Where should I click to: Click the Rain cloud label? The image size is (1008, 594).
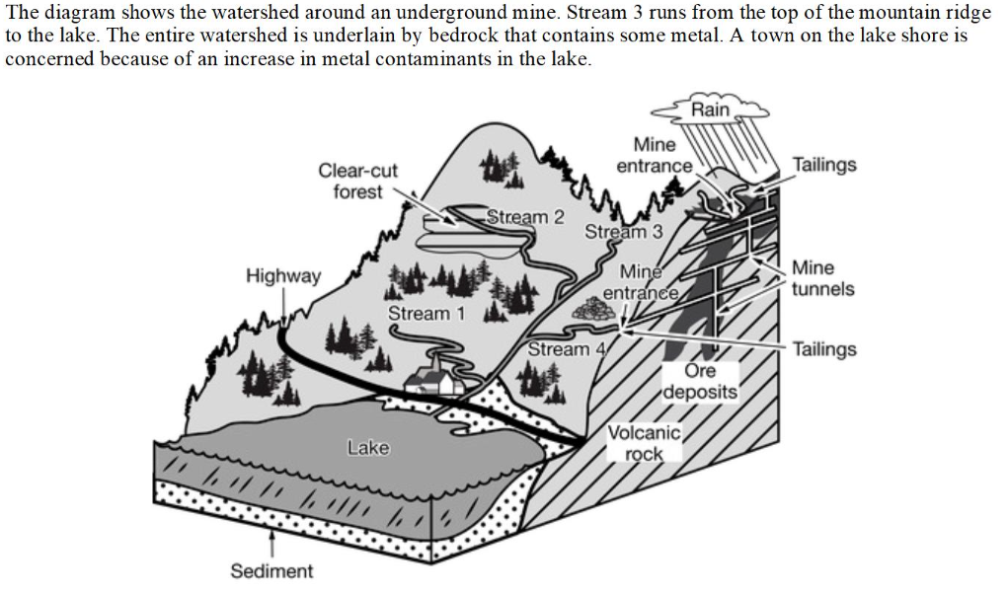711,110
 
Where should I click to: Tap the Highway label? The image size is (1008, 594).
283,276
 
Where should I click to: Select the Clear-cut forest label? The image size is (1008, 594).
357,182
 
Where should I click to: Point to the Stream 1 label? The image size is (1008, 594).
426,314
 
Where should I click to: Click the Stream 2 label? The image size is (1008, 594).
525,217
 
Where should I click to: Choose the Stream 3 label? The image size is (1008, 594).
623,231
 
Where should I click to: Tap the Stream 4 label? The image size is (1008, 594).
567,349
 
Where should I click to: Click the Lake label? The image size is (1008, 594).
368,448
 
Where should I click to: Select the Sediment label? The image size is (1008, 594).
271,571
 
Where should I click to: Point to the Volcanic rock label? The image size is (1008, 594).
644,443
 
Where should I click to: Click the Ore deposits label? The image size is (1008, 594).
700,382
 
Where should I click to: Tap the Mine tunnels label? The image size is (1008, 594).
822,278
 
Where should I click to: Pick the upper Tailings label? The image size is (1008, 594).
824,165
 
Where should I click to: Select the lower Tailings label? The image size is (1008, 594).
824,349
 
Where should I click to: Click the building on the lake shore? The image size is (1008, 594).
434,378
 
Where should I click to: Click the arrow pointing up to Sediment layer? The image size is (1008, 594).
272,544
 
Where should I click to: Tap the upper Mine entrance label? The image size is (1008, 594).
655,155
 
